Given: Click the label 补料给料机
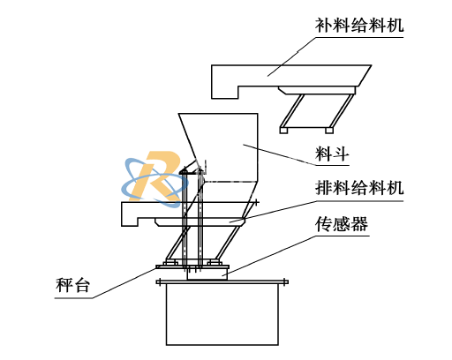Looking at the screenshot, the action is click(x=359, y=25).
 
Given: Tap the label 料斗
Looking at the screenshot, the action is click(x=332, y=154).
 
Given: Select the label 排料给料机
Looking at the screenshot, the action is click(x=359, y=187).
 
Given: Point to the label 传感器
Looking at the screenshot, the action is click(x=342, y=224).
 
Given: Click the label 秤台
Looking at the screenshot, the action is click(x=72, y=285).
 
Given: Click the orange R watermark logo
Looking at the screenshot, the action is click(x=156, y=176).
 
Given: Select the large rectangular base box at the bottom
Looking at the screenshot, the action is click(x=222, y=314).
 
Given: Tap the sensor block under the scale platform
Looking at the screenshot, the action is click(x=207, y=274).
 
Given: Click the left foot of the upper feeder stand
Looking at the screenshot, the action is click(x=283, y=131).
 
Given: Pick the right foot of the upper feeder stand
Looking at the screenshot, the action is click(x=329, y=131).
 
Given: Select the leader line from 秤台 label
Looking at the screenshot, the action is click(x=106, y=283).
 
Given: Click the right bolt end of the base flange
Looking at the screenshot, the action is click(x=285, y=281).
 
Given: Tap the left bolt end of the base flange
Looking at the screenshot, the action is click(x=159, y=281).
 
